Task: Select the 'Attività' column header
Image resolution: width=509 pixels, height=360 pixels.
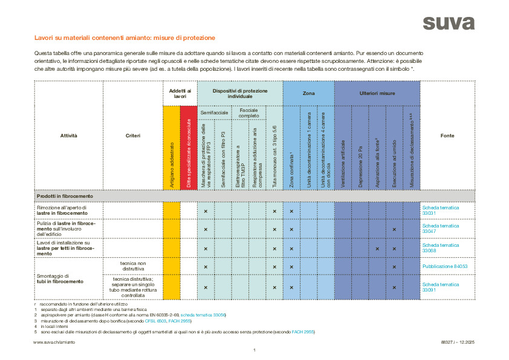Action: (68, 136)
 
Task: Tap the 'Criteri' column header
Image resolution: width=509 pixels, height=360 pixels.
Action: (133, 136)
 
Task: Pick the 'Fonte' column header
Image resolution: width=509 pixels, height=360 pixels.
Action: (447, 136)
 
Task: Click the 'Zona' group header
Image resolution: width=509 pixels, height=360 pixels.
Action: (308, 94)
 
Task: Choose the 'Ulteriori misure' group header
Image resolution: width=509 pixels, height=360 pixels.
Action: (377, 94)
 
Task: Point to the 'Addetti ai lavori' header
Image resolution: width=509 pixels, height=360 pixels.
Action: (180, 93)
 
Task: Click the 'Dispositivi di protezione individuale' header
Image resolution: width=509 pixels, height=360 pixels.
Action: (240, 93)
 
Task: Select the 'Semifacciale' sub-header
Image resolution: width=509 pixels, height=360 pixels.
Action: (214, 113)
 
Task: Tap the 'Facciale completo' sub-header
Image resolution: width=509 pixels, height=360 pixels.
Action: (248, 113)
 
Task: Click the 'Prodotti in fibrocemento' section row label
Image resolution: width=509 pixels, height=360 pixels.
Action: (65, 196)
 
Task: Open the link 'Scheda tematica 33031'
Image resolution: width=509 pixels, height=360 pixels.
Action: (440, 211)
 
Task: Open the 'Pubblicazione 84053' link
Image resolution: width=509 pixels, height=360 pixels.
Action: (445, 266)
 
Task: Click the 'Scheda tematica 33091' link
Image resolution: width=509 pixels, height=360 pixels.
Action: (440, 287)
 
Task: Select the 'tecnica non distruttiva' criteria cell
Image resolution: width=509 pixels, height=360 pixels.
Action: (133, 266)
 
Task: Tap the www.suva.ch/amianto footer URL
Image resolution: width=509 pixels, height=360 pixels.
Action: (54, 342)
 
